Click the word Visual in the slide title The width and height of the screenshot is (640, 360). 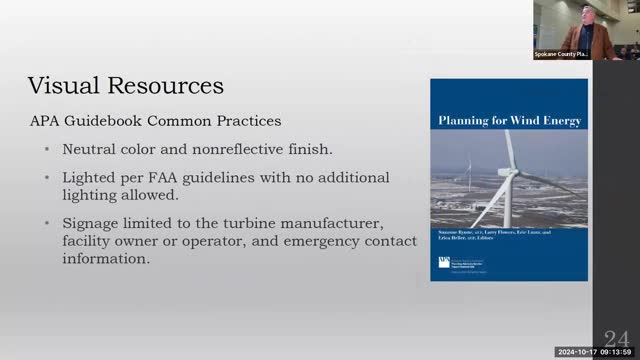pyautogui.click(x=62, y=83)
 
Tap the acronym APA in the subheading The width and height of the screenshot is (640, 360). pyautogui.click(x=46, y=121)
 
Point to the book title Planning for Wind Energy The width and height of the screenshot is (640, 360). pyautogui.click(x=509, y=121)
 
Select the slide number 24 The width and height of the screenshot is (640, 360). pyautogui.click(x=616, y=338)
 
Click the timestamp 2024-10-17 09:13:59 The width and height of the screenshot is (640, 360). pyautogui.click(x=596, y=353)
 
